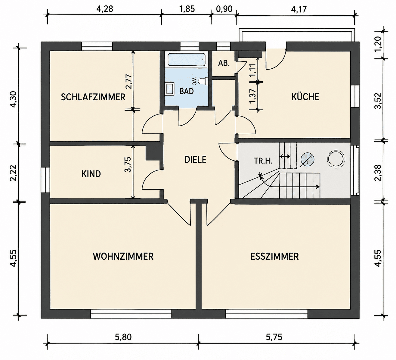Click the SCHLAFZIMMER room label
[x=93, y=97]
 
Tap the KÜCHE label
[x=305, y=97]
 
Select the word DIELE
[x=195, y=160]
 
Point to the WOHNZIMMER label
[x=123, y=256]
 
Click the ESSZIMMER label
[x=275, y=256]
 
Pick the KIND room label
[x=91, y=174]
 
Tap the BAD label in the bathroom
[x=186, y=91]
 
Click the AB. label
[x=224, y=63]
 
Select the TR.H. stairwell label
[x=263, y=161]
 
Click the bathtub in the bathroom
[x=187, y=60]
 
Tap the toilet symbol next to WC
[x=203, y=81]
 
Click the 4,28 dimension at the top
[x=104, y=9]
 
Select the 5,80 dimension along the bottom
[x=123, y=337]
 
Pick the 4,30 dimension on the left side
[x=14, y=99]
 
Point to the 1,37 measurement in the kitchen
[x=253, y=96]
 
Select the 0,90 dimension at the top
[x=224, y=9]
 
